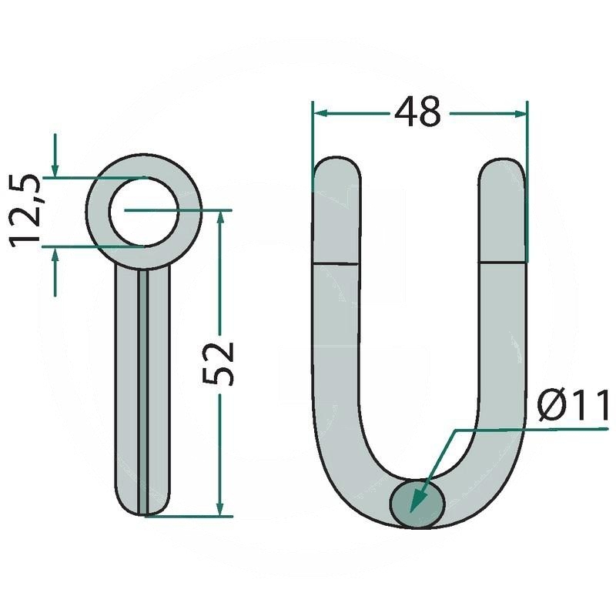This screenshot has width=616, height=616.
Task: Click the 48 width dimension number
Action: [x=417, y=112]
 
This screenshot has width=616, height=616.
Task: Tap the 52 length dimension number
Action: [x=219, y=363]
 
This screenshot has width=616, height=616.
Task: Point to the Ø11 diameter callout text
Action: [x=573, y=406]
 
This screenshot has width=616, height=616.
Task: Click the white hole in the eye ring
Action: [x=144, y=213]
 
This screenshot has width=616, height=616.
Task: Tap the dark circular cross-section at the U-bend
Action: [x=417, y=504]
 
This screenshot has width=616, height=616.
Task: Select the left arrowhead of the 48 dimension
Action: [x=321, y=113]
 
